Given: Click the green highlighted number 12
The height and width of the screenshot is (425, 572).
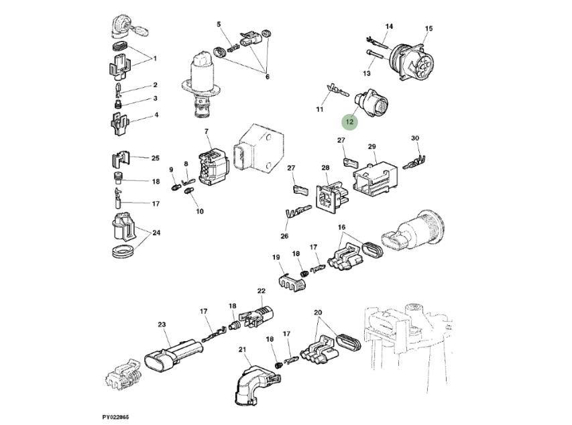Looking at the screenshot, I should [x=350, y=122].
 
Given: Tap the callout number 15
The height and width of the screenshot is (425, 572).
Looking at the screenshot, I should [x=428, y=28].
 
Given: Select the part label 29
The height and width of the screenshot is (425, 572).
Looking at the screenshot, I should [x=371, y=146].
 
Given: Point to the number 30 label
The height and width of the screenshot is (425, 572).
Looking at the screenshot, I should [x=415, y=139].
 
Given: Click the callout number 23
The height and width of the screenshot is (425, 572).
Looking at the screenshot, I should [x=162, y=324].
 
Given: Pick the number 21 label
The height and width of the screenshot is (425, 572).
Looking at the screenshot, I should [x=242, y=350].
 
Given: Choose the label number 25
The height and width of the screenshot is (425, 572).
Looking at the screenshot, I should [x=155, y=158].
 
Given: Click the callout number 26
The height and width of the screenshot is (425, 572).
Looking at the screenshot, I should [x=284, y=235].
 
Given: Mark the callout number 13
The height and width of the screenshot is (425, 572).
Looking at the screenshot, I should [x=367, y=72].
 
